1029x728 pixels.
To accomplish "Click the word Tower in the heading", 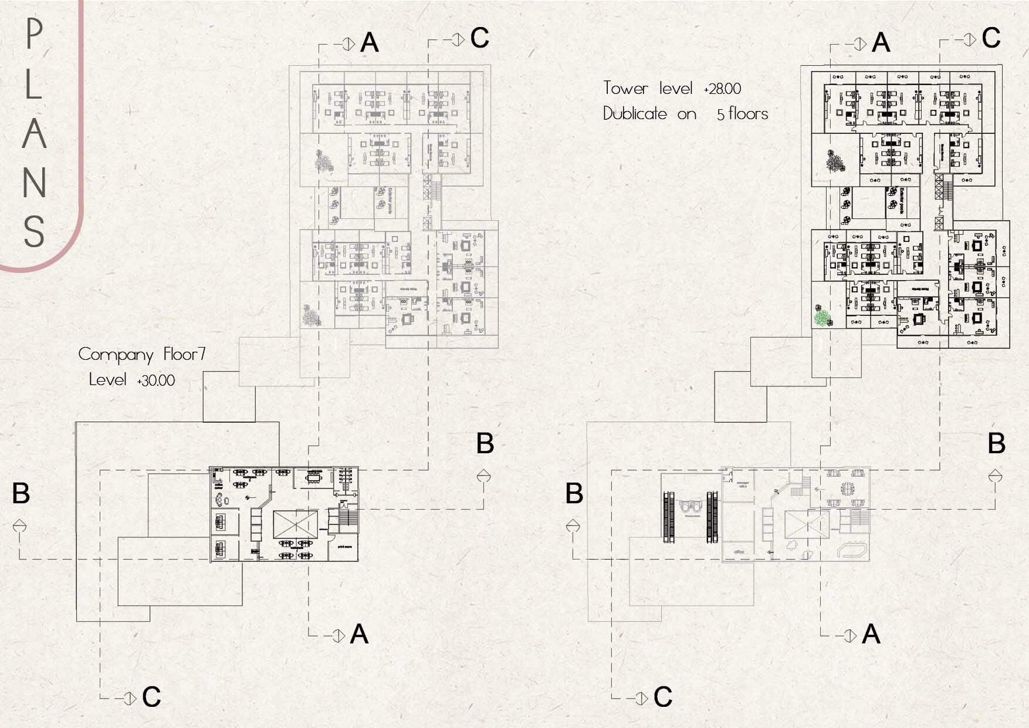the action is coord(625,89).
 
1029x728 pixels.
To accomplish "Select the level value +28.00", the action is coord(722,89).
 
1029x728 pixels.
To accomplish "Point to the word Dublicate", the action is coord(635,113).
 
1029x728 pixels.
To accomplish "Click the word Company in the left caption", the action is coord(116,355).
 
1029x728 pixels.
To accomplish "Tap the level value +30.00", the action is coord(155,380).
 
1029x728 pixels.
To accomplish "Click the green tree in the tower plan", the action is coord(824,317).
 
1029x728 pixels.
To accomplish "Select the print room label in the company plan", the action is coord(344,547).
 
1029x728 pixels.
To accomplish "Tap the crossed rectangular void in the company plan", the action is coord(295,523).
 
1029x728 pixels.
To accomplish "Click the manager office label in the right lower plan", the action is coord(742,485).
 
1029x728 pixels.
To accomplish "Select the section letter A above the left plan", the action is coord(369,43).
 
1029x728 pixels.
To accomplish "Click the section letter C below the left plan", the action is coord(151,697).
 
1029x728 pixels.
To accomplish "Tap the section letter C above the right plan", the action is coord(991,39).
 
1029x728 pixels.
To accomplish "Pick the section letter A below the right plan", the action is coord(871,635).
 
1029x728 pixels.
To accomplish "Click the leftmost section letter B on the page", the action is coord(21,494).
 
